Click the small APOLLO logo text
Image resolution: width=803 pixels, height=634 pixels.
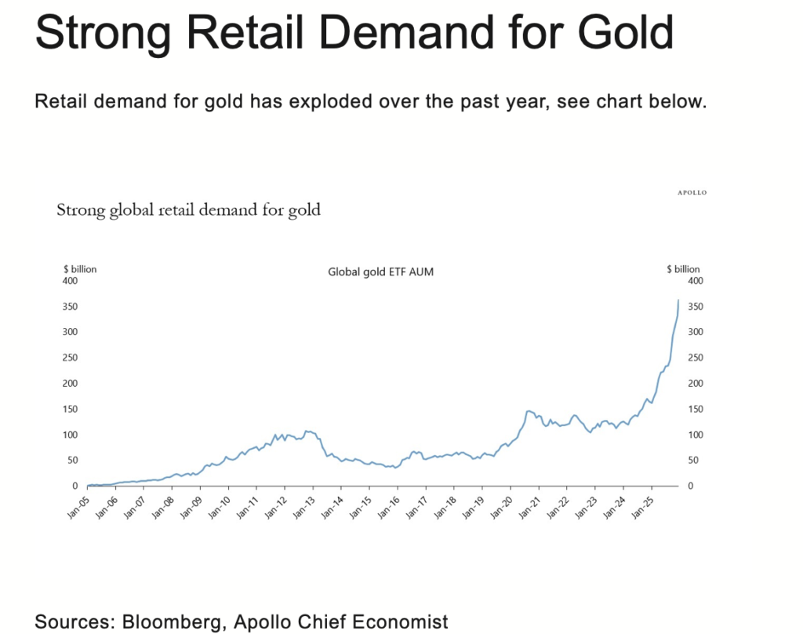click(x=692, y=192)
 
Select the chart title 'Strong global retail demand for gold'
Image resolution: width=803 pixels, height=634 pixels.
click(x=188, y=210)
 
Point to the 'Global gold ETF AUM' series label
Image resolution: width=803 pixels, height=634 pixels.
click(x=380, y=272)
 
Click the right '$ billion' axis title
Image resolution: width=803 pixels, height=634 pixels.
click(x=683, y=269)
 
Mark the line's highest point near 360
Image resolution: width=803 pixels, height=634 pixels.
click(x=678, y=301)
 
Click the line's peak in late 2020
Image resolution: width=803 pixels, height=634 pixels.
click(x=529, y=410)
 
